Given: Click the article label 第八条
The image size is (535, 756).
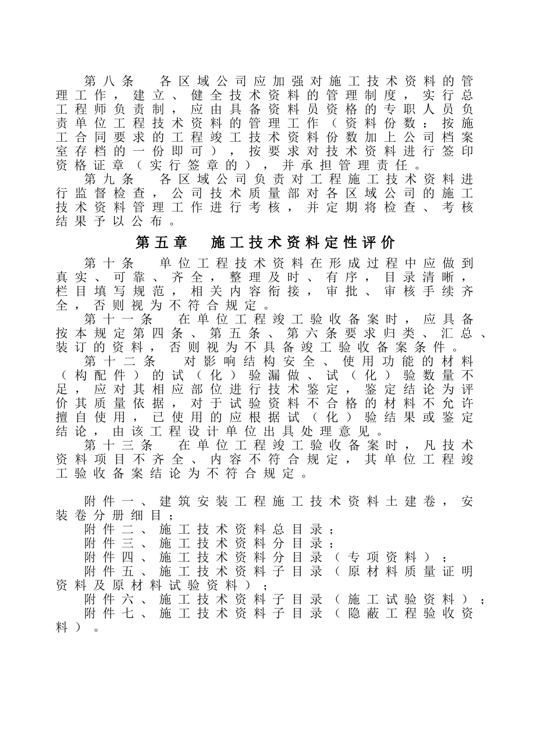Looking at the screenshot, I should pyautogui.click(x=109, y=81).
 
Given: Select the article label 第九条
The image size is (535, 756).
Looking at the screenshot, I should pyautogui.click(x=109, y=179).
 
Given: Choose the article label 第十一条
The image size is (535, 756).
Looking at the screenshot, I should pyautogui.click(x=118, y=319).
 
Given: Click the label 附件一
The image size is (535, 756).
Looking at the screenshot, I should pyautogui.click(x=109, y=502).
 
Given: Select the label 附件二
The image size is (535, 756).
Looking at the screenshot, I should pyautogui.click(x=109, y=530).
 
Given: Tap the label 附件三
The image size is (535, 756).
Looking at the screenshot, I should pyautogui.click(x=109, y=544).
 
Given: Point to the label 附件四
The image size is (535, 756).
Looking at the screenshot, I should pyautogui.click(x=109, y=558).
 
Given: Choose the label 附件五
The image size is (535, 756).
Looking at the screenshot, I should pyautogui.click(x=109, y=572).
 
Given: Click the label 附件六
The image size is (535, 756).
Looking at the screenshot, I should pyautogui.click(x=109, y=600).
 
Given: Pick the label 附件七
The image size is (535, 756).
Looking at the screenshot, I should pyautogui.click(x=109, y=614).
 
